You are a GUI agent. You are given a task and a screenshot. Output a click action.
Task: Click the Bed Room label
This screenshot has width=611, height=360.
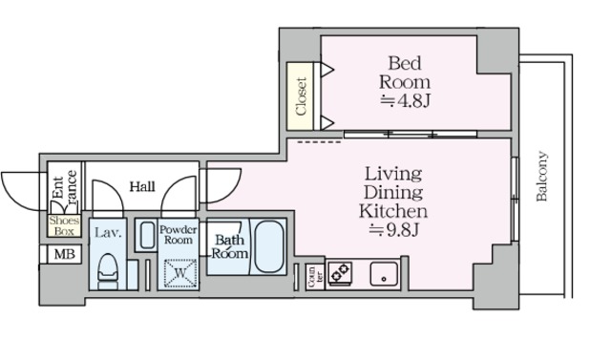[405, 73]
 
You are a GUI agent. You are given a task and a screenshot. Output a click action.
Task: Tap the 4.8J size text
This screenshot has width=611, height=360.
[405, 101]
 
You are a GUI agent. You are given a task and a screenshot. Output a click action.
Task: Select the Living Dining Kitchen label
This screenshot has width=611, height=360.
[393, 192]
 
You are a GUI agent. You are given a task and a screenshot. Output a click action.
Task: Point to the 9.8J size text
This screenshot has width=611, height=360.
[393, 230]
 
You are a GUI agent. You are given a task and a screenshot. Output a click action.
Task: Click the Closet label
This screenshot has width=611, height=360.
[301, 96]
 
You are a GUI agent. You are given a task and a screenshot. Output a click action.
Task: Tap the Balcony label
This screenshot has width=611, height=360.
[542, 176]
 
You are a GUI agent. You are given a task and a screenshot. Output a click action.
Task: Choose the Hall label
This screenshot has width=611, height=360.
[142, 186]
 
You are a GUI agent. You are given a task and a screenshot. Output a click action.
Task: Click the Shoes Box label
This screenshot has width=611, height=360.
[64, 226]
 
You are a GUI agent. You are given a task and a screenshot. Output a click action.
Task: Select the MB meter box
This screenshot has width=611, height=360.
[64, 255]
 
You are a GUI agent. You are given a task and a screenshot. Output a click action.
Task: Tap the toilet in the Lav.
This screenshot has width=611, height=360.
[108, 271]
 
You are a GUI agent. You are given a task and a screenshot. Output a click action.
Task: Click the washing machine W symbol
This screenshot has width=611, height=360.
[180, 273]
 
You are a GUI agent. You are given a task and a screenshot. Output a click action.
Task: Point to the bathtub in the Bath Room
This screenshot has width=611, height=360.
[268, 246]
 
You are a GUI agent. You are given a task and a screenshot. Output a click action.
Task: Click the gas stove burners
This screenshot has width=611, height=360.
[340, 272]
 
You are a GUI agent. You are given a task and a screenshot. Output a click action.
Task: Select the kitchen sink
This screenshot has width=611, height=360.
[384, 275]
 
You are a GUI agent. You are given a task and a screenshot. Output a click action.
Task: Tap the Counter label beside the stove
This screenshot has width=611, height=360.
[315, 277]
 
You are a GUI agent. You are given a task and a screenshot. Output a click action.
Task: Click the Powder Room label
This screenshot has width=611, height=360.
[179, 235]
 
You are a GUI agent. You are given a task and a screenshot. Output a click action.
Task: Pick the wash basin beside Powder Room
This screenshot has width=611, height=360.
[147, 235]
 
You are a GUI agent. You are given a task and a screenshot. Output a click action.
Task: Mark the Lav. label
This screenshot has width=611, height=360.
[108, 233]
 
